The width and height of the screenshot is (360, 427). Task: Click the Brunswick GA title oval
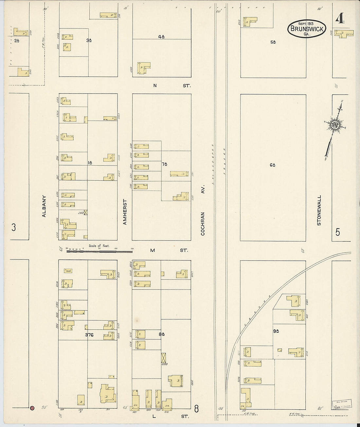307,29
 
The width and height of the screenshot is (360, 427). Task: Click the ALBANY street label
44,206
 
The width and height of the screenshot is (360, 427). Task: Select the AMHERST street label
125,212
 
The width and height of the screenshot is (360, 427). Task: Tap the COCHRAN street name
203,224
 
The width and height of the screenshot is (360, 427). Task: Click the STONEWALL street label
319,210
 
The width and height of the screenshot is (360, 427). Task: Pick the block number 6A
272,165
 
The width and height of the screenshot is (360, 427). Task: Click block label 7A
164,164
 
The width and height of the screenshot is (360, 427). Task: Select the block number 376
89,335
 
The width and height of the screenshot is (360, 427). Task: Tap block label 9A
276,331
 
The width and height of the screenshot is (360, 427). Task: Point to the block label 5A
273,42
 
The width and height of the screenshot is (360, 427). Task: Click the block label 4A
161,37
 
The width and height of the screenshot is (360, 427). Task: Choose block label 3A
89,40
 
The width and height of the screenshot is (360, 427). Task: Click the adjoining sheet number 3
13,227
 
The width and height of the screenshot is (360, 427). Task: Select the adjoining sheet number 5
337,232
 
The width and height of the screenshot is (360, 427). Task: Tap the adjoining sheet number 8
196,408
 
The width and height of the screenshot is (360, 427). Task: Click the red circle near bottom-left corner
32,408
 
